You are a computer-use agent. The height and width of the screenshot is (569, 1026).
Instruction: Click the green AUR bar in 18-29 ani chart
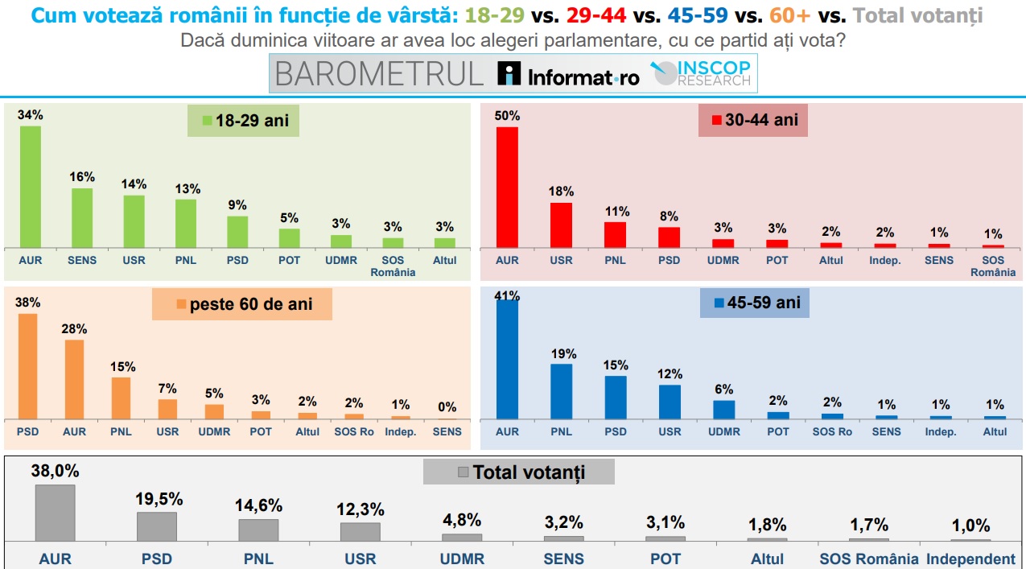point(30,187)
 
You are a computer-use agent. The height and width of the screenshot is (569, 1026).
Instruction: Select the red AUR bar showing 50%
point(507,187)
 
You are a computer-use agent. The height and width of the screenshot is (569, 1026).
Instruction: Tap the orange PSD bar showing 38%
point(27,366)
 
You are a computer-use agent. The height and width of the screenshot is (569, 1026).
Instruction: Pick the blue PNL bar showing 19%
point(561,391)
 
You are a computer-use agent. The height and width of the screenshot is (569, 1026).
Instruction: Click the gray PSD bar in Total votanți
point(156,526)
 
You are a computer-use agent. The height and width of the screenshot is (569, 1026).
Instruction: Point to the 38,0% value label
point(55,472)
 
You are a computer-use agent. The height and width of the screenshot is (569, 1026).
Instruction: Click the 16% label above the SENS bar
point(82,177)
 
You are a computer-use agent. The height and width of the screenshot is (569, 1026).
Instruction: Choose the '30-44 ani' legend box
point(752,120)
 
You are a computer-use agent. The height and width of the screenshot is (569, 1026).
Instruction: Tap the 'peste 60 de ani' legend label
point(242,305)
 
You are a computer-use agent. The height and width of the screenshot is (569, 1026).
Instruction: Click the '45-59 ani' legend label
point(754,303)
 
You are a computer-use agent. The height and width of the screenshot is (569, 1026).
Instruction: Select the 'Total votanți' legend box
point(519,472)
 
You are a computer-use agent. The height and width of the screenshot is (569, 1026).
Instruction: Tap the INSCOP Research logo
point(702,73)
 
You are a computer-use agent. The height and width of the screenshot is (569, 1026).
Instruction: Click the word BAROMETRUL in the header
point(379,74)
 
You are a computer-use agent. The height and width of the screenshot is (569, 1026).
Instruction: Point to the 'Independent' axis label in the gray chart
point(970,559)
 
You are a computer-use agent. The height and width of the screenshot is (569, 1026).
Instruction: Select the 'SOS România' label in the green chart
point(393,266)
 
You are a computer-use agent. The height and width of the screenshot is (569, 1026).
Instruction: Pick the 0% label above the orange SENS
point(447,407)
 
